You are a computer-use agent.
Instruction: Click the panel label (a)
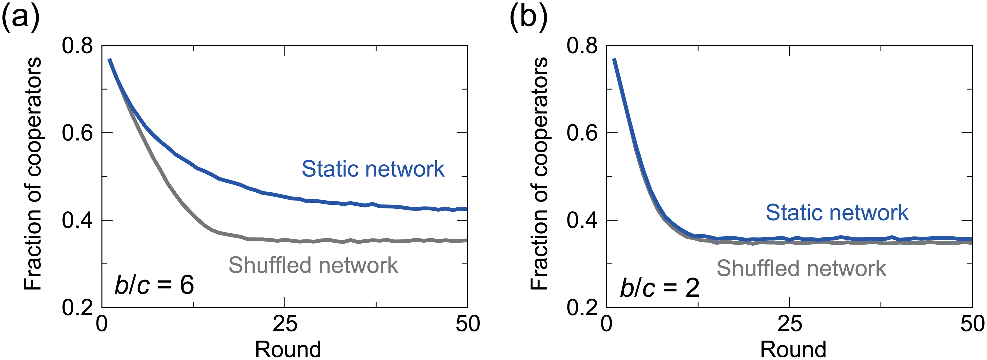click(21, 17)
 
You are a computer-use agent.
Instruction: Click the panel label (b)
click(528, 17)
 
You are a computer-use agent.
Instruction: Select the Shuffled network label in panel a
click(313, 265)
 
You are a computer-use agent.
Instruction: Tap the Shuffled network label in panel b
click(801, 268)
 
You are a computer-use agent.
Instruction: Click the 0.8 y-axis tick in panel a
click(77, 46)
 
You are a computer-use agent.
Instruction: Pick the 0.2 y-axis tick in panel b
click(582, 307)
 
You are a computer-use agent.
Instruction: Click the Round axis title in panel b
click(793, 349)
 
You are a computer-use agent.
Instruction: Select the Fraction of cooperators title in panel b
click(539, 174)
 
